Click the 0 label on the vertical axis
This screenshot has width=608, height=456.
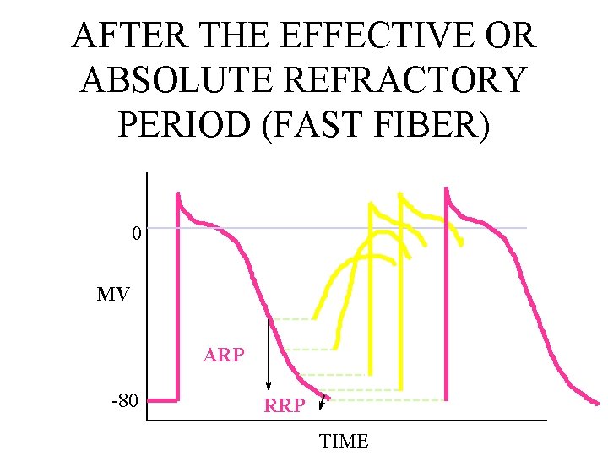pyautogui.click(x=136, y=233)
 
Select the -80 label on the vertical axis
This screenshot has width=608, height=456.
pyautogui.click(x=124, y=400)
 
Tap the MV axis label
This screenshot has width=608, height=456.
pyautogui.click(x=113, y=295)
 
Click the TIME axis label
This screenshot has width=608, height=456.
pyautogui.click(x=344, y=441)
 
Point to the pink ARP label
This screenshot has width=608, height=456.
pyautogui.click(x=224, y=356)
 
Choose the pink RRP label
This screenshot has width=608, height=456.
pyautogui.click(x=285, y=406)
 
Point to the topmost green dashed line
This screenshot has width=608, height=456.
pyautogui.click(x=291, y=319)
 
